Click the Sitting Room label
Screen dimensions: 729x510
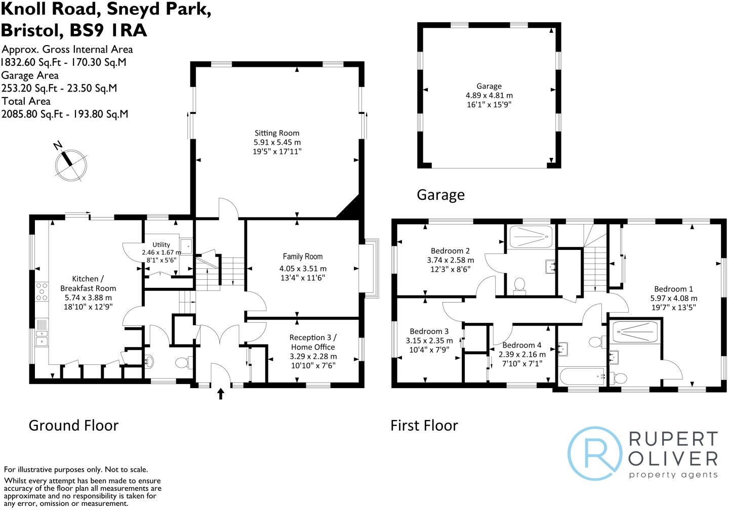(277, 133)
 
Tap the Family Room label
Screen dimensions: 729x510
(302, 257)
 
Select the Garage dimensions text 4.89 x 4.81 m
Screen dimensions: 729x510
(489, 95)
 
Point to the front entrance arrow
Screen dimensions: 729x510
(221, 394)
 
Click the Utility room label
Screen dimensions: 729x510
(161, 244)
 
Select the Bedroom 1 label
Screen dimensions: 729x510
(673, 289)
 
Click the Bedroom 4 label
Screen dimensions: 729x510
(522, 345)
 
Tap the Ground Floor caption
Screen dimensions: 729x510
(73, 426)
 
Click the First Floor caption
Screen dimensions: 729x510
(424, 426)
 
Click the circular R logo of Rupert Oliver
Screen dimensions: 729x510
(595, 453)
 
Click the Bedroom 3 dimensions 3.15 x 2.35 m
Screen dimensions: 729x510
(429, 341)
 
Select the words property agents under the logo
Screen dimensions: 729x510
(673, 475)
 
